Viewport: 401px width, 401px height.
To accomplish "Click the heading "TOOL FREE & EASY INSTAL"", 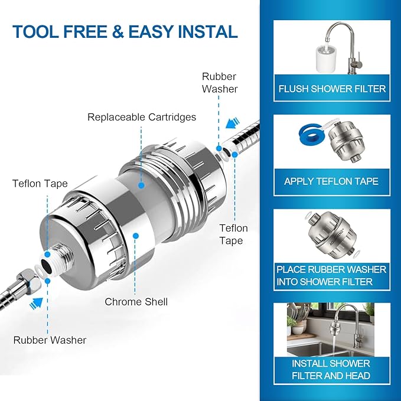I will point(125,31).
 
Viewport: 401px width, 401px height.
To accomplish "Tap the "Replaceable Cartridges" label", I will point(142,117).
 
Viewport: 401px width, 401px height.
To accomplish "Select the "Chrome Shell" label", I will point(136,302).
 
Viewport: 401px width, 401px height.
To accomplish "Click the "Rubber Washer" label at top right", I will point(220,83).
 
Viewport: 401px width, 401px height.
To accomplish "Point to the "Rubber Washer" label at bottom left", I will point(50,340).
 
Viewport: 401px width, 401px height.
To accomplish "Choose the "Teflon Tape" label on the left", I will point(40,184).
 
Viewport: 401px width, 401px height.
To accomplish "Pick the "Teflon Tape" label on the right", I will point(234,234).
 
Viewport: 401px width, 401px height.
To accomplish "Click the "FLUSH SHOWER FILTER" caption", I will point(332,89).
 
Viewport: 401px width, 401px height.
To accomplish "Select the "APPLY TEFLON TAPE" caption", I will point(331,181).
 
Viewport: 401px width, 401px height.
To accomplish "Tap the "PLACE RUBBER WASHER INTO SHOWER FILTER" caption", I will point(331,275).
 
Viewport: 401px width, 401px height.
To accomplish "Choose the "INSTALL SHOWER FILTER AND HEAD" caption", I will point(331,369).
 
